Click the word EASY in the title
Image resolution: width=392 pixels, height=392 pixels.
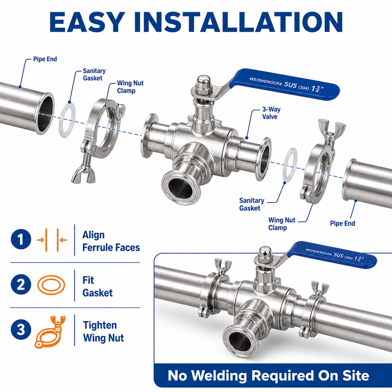coord(87,22)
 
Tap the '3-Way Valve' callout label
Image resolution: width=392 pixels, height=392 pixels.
coord(271,113)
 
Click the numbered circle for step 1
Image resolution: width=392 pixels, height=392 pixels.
coord(21,239)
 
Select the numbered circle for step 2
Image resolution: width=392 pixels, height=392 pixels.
coord(21,285)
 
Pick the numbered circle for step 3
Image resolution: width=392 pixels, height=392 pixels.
coord(21,329)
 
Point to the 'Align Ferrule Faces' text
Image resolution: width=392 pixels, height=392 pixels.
coord(111,241)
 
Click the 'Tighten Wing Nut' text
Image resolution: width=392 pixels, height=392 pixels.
coord(103,332)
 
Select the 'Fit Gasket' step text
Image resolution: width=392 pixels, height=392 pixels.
coord(98,287)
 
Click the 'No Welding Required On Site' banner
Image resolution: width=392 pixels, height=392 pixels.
coord(268,376)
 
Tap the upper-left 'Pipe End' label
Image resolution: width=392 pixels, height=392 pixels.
coord(45,59)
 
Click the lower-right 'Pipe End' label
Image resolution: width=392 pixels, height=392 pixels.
coord(343,223)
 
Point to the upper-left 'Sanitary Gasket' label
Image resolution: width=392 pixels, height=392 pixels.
coord(94,74)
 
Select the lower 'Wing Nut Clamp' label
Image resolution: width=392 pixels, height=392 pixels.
coord(282,224)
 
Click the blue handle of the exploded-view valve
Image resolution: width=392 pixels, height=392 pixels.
coord(285,84)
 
